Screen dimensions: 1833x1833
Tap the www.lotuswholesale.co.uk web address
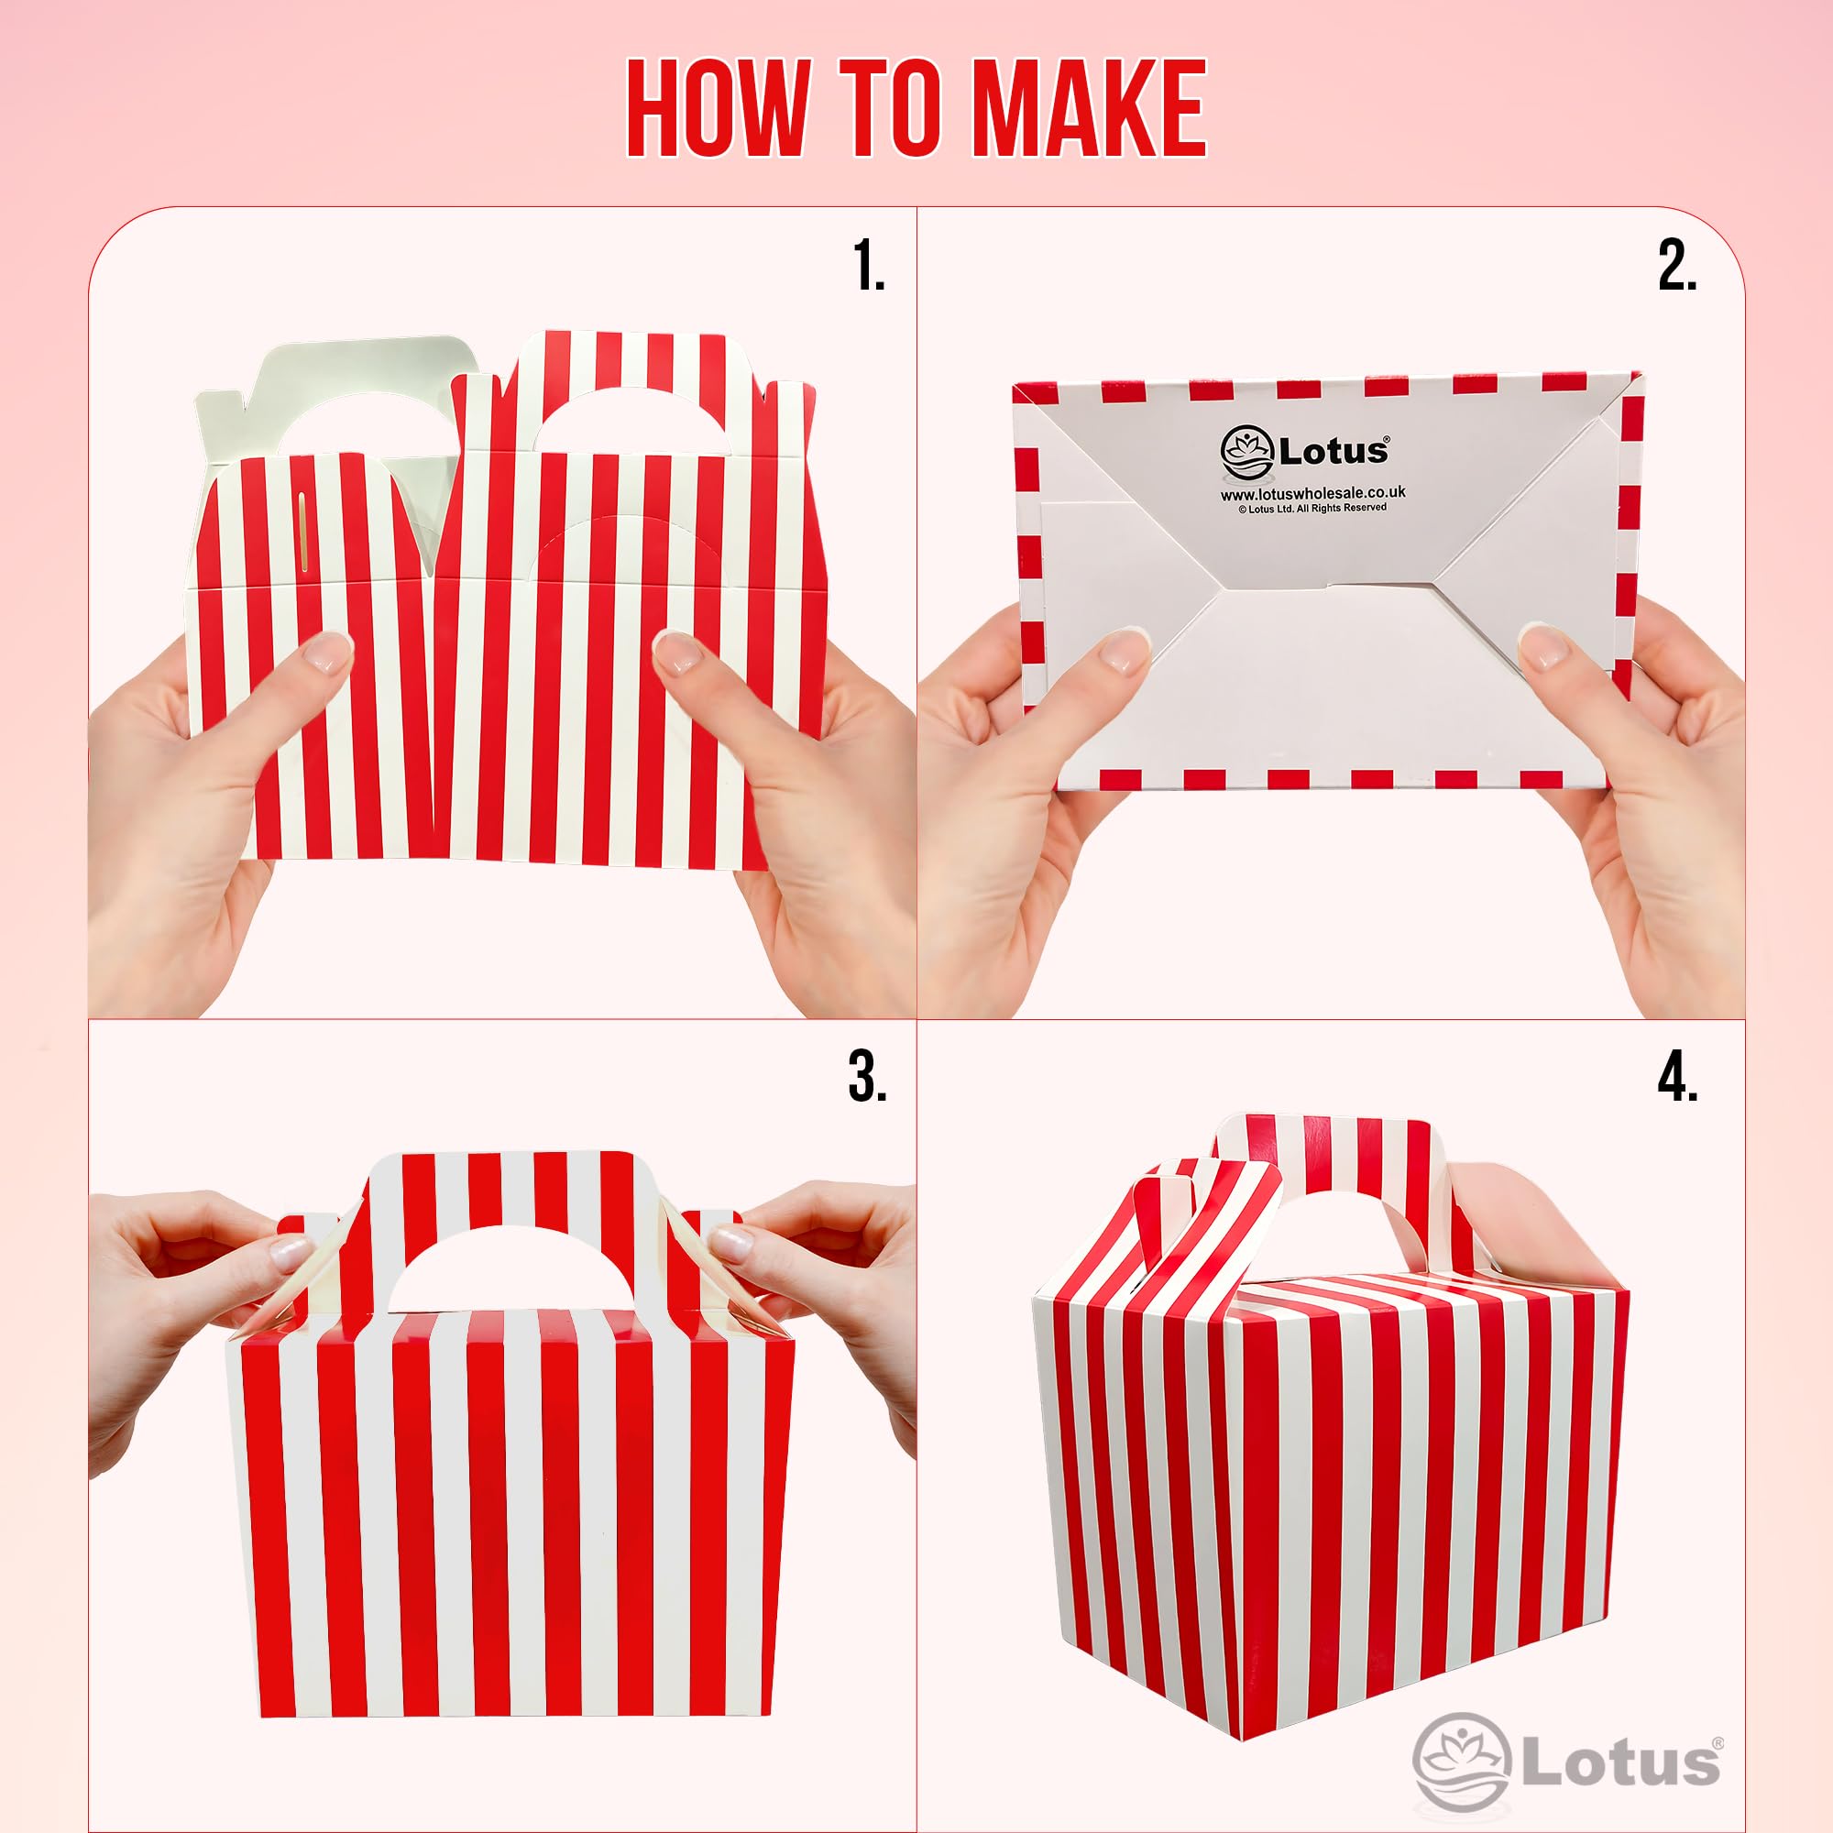point(1312,493)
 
